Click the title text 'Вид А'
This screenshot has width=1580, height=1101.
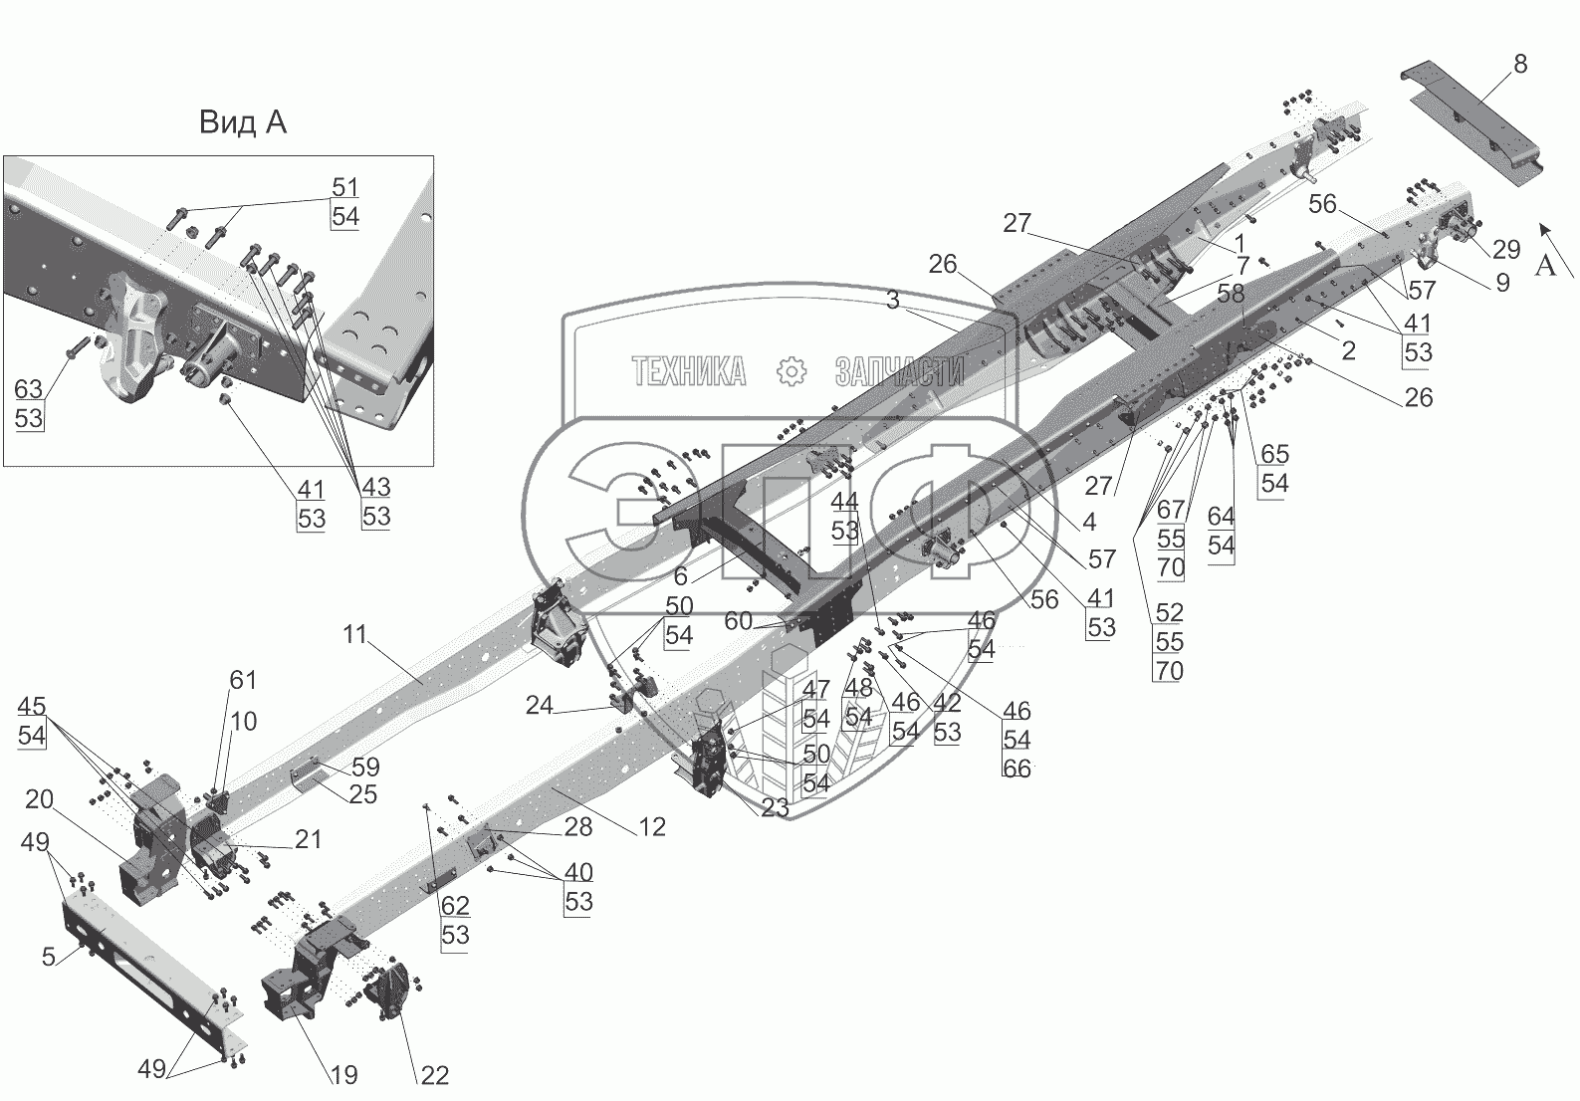pos(242,122)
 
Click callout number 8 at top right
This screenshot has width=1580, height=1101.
pos(1519,65)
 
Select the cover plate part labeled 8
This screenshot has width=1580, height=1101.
pos(1473,124)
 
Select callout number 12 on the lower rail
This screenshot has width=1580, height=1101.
pos(652,826)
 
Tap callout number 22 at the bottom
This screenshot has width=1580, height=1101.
pos(435,1075)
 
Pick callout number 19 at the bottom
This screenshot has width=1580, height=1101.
pos(343,1075)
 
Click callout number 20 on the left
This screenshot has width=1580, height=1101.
pos(40,799)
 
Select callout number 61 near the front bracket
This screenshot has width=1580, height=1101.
pos(243,680)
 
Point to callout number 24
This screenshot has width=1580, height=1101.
pos(539,705)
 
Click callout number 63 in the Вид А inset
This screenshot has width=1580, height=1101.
pos(29,387)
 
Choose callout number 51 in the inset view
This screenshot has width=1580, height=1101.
pos(344,187)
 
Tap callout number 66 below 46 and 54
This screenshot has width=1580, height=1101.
pos(1016,768)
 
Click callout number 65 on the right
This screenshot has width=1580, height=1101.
pos(1274,454)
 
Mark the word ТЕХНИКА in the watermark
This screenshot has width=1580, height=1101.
pos(689,372)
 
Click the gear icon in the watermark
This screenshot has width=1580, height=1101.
pos(790,372)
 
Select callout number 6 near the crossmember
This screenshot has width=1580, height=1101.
pos(681,575)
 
